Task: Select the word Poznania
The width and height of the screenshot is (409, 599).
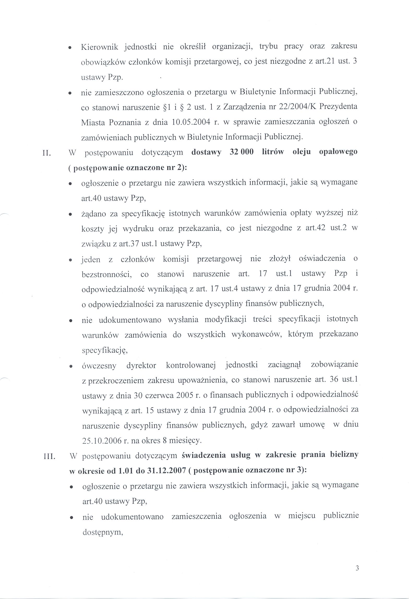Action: pos(125,122)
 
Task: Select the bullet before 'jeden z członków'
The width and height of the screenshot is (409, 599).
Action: pos(70,260)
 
